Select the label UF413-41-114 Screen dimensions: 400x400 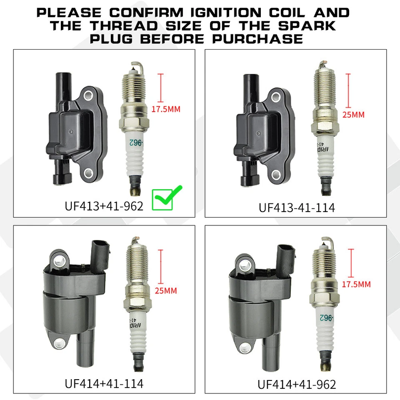tap(297, 207)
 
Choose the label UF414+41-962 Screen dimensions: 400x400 tap(297, 384)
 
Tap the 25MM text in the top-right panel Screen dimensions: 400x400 tap(352, 115)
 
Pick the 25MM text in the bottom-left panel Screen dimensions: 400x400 tap(165, 290)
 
